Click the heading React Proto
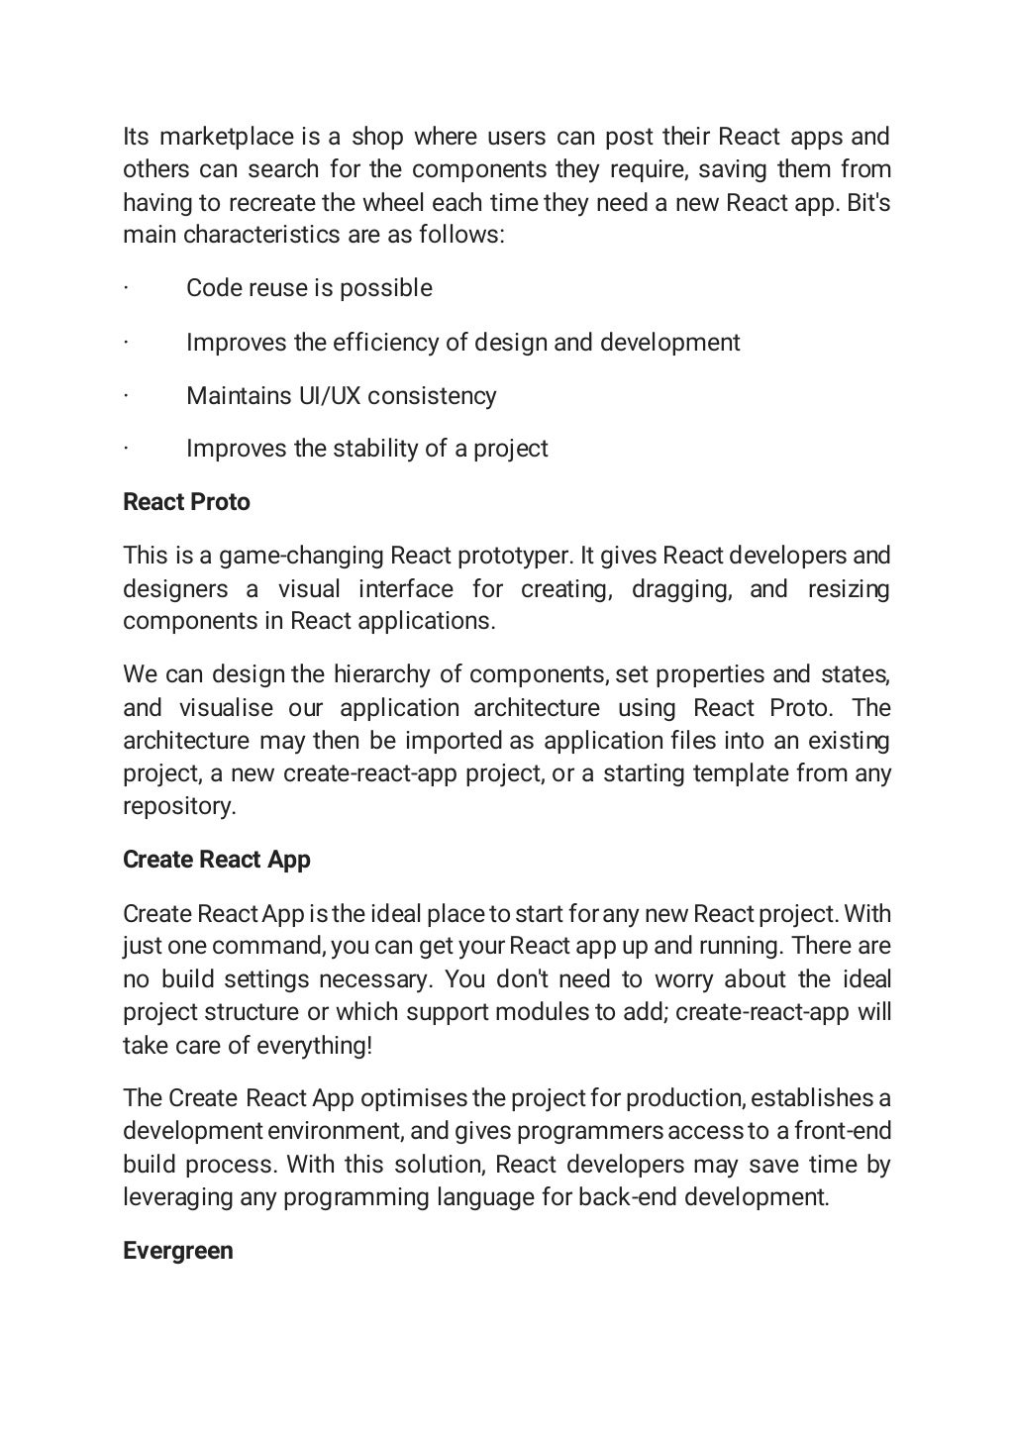[x=186, y=502]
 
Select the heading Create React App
[x=216, y=859]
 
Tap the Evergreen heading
[x=178, y=1250]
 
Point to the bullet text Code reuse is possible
[x=309, y=288]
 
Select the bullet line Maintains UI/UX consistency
[x=341, y=395]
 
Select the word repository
[x=179, y=805]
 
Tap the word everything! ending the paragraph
[x=314, y=1045]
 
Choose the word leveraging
[x=177, y=1196]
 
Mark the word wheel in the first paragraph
[x=392, y=202]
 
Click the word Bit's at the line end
[x=868, y=202]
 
